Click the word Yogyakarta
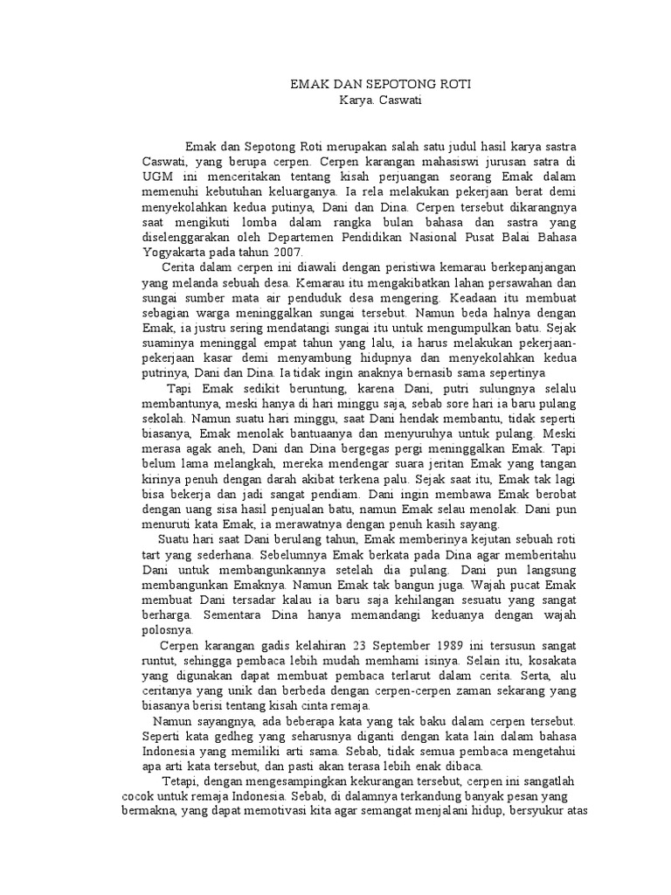point(176,250)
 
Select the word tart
point(153,555)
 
